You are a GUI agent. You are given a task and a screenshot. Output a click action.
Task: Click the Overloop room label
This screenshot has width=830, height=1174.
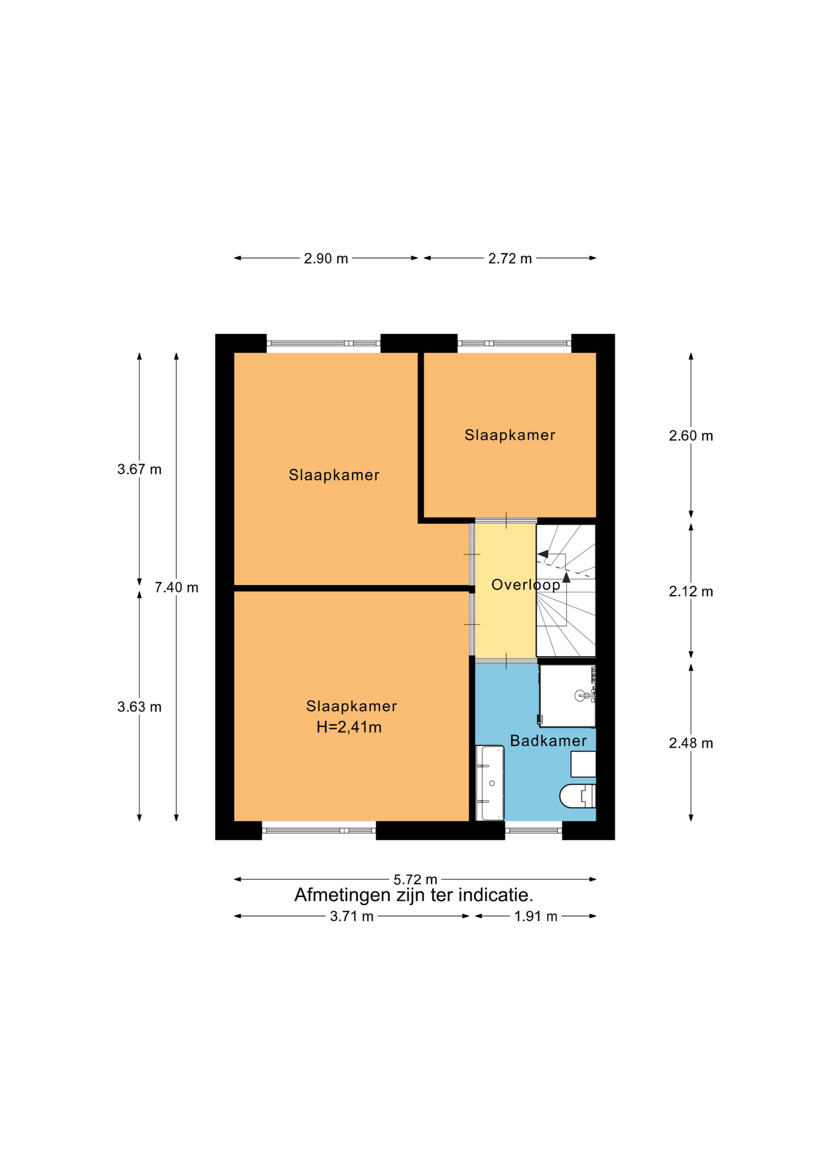[526, 585]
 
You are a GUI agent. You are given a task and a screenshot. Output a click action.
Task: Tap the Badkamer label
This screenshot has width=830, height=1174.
[548, 741]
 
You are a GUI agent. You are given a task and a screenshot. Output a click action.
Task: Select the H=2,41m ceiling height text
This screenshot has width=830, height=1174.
[349, 727]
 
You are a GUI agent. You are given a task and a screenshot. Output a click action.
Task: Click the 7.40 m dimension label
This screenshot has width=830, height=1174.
[176, 588]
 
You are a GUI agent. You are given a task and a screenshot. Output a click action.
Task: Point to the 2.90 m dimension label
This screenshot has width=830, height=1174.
[326, 259]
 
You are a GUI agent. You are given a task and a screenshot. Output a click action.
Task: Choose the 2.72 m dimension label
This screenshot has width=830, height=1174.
[510, 259]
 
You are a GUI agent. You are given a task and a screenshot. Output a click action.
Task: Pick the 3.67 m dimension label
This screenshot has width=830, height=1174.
[139, 470]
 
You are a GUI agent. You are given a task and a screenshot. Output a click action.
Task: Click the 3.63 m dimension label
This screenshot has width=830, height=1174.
[139, 707]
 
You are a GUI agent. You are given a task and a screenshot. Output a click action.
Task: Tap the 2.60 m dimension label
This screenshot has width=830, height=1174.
[691, 436]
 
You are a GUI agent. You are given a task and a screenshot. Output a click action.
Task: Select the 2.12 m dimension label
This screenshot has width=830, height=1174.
[691, 592]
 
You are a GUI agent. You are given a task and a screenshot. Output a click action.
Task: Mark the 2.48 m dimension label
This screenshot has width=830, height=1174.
[691, 744]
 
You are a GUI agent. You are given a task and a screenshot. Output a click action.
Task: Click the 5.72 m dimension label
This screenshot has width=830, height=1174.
[415, 879]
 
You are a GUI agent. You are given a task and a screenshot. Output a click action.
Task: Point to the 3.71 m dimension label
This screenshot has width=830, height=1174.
[351, 917]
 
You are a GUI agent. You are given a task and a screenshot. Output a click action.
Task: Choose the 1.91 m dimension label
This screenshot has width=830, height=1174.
[535, 917]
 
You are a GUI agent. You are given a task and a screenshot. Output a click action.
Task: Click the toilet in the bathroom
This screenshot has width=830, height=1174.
[578, 796]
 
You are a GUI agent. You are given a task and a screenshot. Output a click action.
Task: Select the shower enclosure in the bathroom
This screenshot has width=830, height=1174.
[567, 696]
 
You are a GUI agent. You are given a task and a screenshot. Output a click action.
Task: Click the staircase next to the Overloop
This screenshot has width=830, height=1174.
[566, 591]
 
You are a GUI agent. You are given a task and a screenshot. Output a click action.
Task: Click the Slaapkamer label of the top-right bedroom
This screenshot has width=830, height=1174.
[510, 435]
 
